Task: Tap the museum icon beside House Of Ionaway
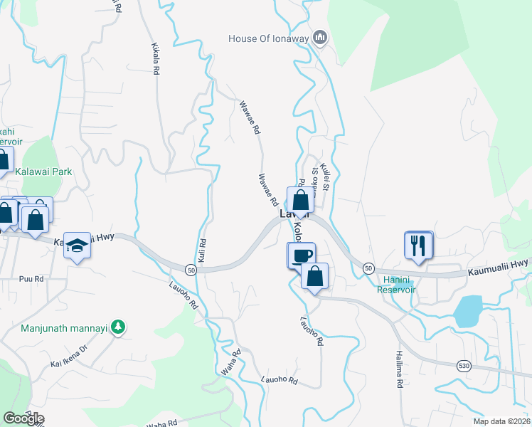point(320,37)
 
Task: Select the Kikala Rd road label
point(156,58)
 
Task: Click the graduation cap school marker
point(77,246)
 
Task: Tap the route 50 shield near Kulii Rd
point(191,270)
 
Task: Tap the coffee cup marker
point(301,255)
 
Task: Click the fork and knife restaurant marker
point(418,245)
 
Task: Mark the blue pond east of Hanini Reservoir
point(467,311)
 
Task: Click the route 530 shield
point(463,365)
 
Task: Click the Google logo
point(23,418)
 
